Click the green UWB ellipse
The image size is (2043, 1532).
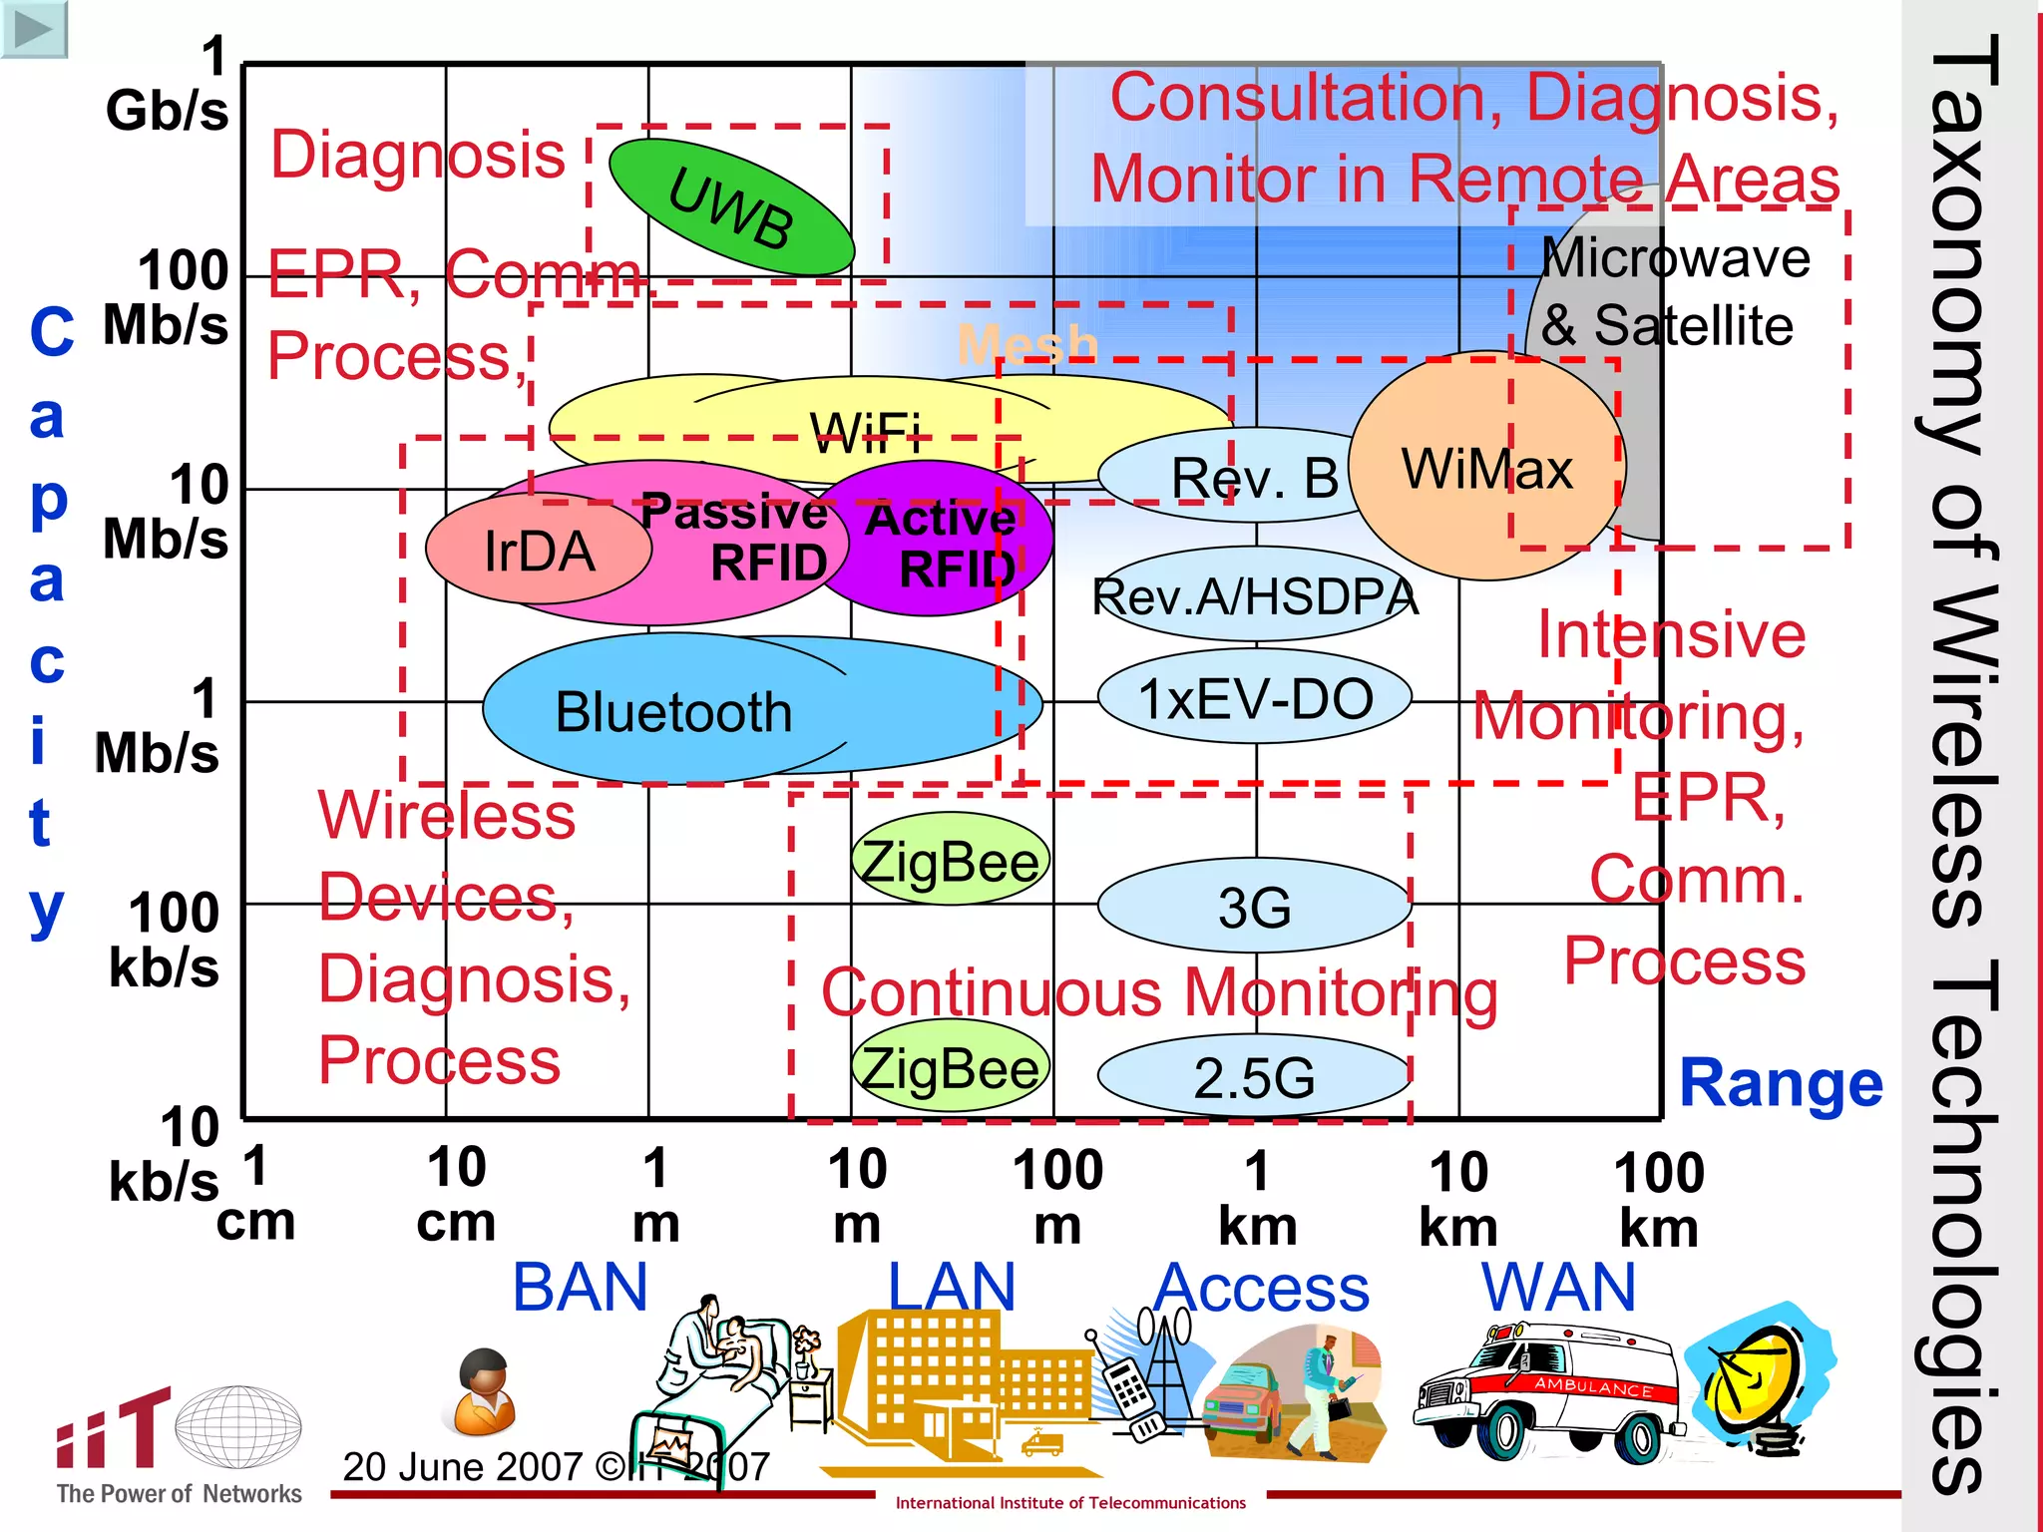731,207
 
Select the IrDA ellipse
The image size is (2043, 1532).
539,551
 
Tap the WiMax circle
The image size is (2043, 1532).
1486,467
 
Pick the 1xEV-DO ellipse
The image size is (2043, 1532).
1255,697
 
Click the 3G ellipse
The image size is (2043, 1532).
1255,906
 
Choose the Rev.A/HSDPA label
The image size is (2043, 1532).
1255,596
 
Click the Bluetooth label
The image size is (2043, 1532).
673,712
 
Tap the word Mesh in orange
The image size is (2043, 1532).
1027,345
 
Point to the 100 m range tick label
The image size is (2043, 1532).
1057,1195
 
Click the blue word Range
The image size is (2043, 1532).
1781,1083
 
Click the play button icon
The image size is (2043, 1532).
34,29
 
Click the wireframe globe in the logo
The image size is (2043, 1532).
238,1427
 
